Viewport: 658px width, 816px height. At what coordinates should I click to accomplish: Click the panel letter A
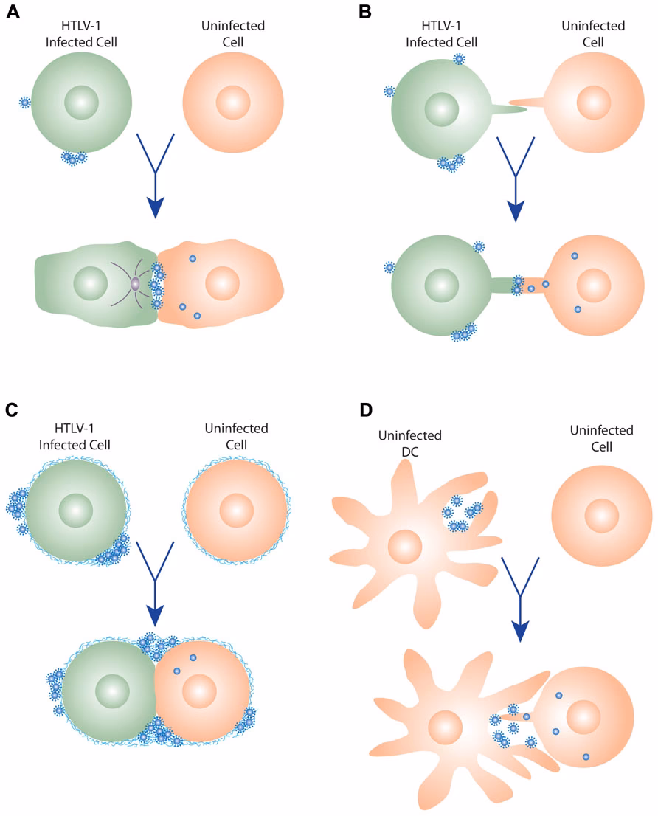click(x=13, y=12)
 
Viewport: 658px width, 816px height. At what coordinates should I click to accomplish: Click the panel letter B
click(x=365, y=12)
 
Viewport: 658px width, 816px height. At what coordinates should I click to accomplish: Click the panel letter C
click(x=12, y=409)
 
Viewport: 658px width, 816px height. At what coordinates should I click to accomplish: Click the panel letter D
click(x=366, y=409)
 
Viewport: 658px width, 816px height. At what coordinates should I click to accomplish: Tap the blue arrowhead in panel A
click(x=156, y=207)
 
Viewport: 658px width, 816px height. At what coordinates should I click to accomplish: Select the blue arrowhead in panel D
click(x=520, y=632)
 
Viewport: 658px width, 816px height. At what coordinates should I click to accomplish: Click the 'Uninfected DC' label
click(x=410, y=443)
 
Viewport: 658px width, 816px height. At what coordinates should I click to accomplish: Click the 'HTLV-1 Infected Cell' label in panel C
click(x=75, y=437)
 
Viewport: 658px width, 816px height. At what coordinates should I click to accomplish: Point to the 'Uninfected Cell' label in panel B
click(x=593, y=34)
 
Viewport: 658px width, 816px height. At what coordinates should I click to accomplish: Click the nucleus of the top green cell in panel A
click(x=82, y=103)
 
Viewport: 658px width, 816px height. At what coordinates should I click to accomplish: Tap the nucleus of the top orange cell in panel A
click(x=233, y=103)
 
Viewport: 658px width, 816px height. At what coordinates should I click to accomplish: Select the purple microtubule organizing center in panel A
click(x=135, y=284)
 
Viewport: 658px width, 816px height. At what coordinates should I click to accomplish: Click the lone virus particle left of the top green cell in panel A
click(x=24, y=102)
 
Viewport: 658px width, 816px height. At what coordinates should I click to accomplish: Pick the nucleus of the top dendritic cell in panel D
click(x=405, y=547)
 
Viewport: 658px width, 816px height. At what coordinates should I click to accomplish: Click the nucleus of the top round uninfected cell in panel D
click(x=602, y=516)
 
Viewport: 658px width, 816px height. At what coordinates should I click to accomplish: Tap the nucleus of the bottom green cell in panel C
click(x=112, y=691)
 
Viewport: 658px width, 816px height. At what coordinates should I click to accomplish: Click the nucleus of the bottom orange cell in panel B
click(x=594, y=286)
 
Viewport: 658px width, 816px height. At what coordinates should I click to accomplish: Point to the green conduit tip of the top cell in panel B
click(x=525, y=109)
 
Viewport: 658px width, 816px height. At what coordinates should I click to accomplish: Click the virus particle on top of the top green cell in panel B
click(x=459, y=59)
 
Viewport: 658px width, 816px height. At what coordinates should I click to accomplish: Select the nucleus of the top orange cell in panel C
click(x=237, y=511)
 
